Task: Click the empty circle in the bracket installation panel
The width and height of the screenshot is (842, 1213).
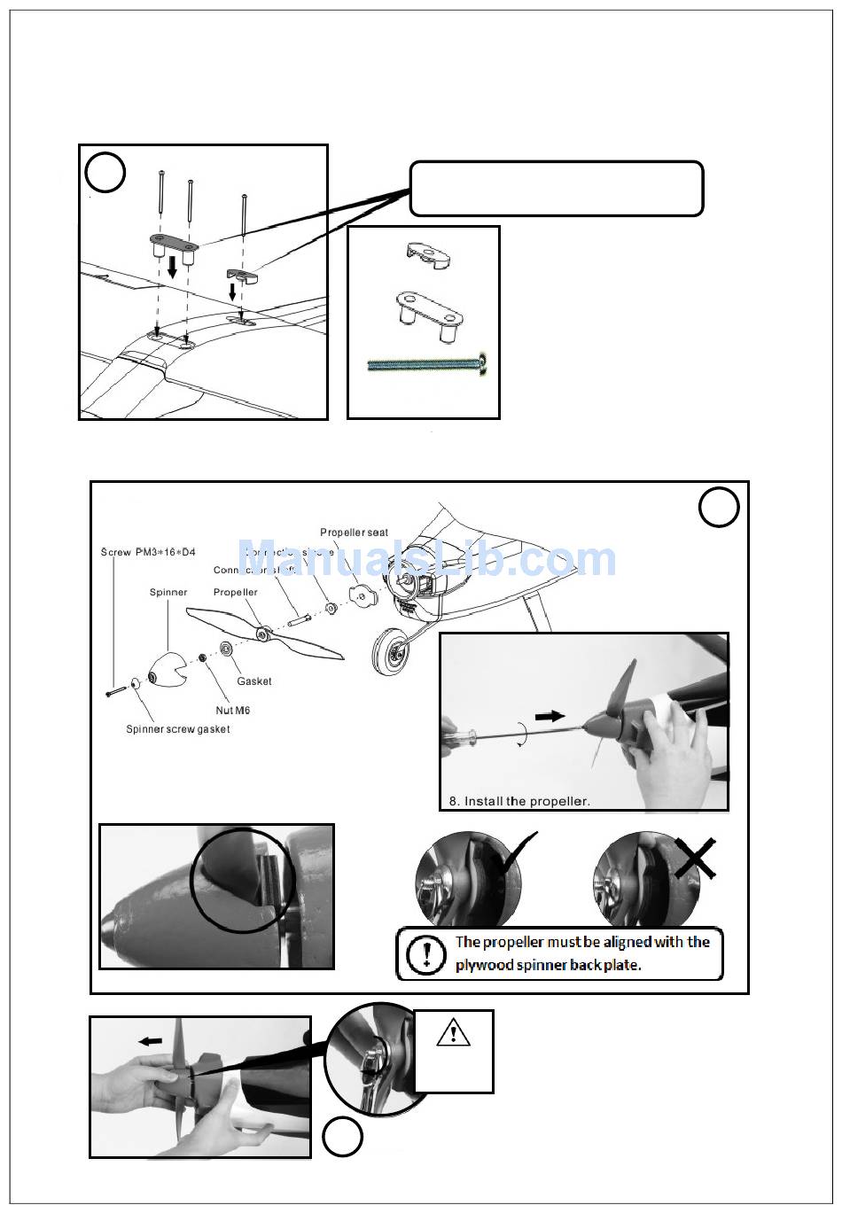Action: [x=105, y=173]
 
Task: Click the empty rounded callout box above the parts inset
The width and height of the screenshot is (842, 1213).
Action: [x=556, y=189]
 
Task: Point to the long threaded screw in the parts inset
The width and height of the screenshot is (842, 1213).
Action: [x=429, y=363]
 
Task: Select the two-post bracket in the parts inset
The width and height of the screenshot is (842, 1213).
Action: [x=429, y=309]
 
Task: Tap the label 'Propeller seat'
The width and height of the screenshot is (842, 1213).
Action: [x=354, y=533]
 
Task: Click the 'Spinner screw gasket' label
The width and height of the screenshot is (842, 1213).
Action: [x=177, y=729]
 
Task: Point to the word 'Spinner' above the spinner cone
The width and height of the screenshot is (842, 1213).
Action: [x=168, y=592]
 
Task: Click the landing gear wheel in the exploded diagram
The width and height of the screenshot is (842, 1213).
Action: [x=391, y=653]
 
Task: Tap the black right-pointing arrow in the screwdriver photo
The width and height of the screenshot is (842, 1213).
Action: [x=550, y=715]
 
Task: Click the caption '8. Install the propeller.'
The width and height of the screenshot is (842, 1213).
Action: [x=518, y=801]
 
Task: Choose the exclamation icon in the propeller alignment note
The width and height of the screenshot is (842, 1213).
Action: [x=426, y=953]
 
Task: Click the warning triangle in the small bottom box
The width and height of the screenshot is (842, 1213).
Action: [x=453, y=1032]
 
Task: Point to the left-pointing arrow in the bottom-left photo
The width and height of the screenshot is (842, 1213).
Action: [x=150, y=1041]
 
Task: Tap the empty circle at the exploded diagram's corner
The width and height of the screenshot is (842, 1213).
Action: [x=718, y=508]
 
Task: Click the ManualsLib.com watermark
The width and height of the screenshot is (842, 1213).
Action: [x=426, y=559]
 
